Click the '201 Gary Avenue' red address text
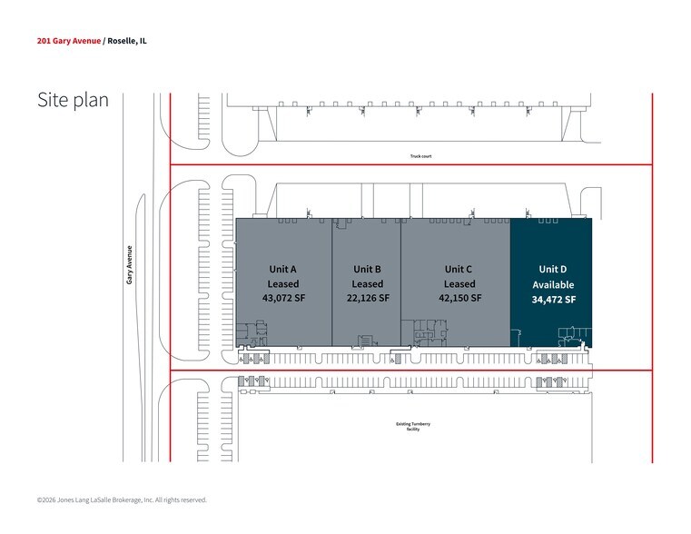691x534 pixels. coord(69,41)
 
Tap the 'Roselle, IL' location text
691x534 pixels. coord(127,41)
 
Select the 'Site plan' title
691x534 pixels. coord(74,100)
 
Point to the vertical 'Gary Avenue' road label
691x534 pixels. coord(129,265)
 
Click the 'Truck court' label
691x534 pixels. coord(420,156)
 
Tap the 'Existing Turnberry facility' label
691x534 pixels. coord(413,427)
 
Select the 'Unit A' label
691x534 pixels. coord(283,269)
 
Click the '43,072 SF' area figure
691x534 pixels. coord(284,298)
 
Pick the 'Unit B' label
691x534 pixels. coord(367,269)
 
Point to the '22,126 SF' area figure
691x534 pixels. coord(368,298)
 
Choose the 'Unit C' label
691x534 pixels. coord(459,269)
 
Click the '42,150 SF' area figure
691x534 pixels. coord(460,298)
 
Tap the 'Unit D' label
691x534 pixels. coord(553,269)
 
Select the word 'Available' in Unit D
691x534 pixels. coord(553,284)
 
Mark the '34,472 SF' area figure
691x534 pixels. coord(554,300)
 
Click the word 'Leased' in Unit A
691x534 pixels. coord(283,283)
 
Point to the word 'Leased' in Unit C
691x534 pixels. coord(459,283)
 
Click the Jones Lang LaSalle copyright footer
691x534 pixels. coord(122,500)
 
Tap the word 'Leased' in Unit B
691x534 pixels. coord(368,283)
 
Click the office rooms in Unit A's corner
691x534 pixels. coord(252,333)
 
